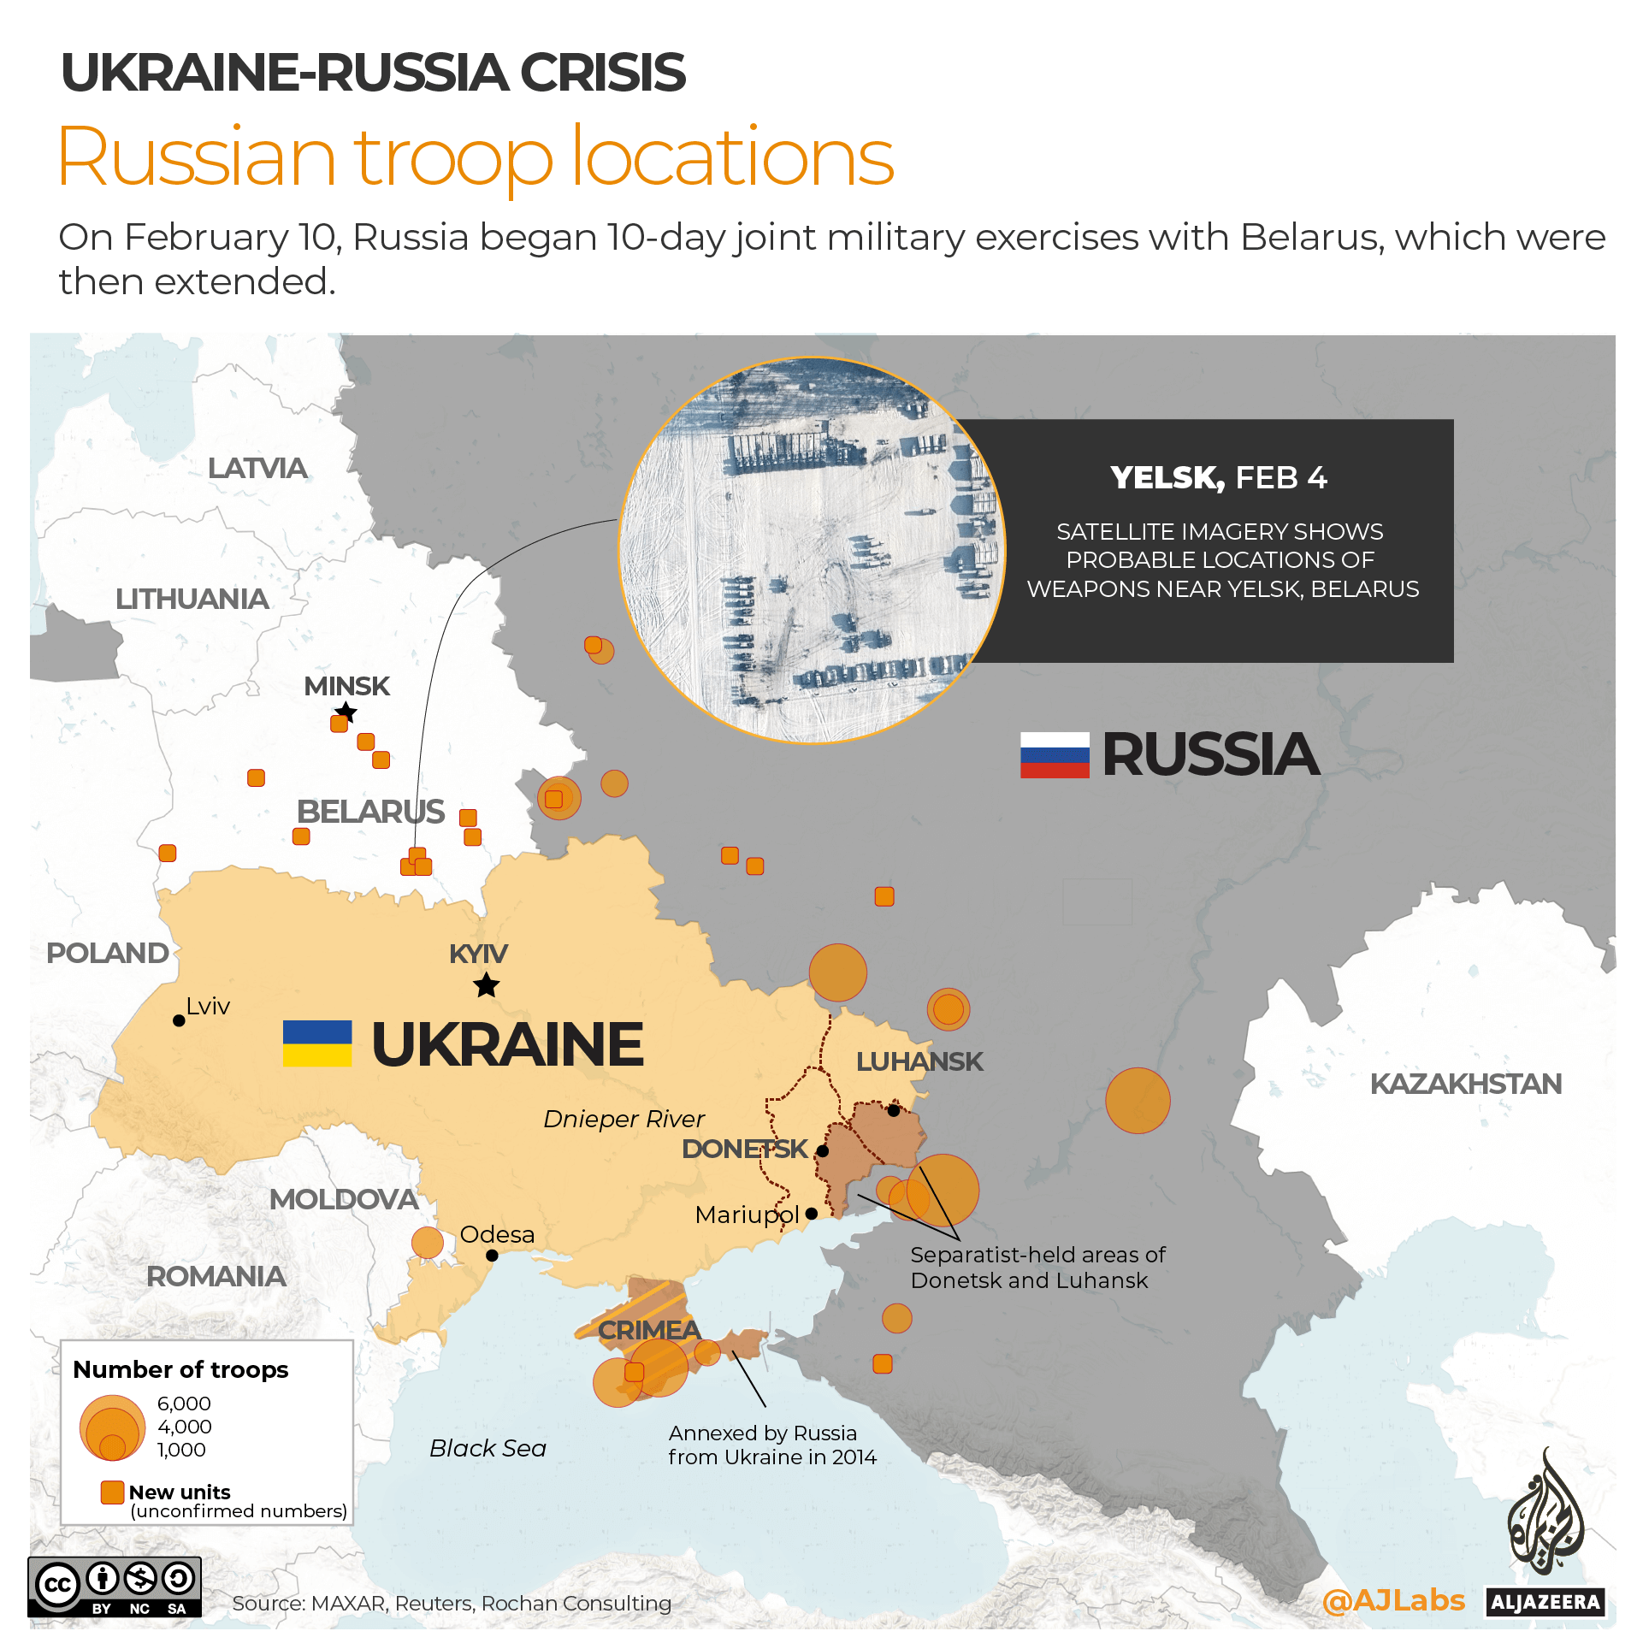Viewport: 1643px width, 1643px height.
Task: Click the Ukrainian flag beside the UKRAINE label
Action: pos(317,1043)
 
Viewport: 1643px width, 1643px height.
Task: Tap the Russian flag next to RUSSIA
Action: pos(1054,754)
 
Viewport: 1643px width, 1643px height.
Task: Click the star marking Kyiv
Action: pos(487,985)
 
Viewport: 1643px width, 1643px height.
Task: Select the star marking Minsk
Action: pos(346,712)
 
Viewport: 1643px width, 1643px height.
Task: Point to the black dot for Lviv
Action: pos(179,1020)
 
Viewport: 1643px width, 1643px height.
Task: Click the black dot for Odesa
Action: pos(492,1256)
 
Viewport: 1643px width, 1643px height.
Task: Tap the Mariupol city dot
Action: pos(812,1214)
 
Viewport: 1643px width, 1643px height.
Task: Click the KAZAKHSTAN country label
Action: pos(1465,1084)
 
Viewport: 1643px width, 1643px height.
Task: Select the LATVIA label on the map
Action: pos(257,468)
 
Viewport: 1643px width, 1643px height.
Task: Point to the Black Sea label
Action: pos(488,1448)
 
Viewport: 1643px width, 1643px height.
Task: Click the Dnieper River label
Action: pos(624,1119)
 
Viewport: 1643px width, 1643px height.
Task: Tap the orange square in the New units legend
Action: pos(112,1492)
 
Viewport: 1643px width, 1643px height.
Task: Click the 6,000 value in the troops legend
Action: pos(184,1404)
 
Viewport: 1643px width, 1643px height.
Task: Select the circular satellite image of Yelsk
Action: pos(811,550)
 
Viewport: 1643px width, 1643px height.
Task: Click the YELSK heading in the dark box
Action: pos(1167,477)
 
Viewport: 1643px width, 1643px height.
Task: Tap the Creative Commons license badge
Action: pos(115,1587)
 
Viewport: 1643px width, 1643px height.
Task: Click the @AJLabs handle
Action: pos(1392,1600)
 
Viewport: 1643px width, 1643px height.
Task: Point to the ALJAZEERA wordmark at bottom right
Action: pos(1545,1602)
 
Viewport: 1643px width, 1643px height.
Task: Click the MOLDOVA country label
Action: pos(344,1199)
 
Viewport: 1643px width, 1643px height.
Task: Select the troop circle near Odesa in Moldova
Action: pos(427,1242)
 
